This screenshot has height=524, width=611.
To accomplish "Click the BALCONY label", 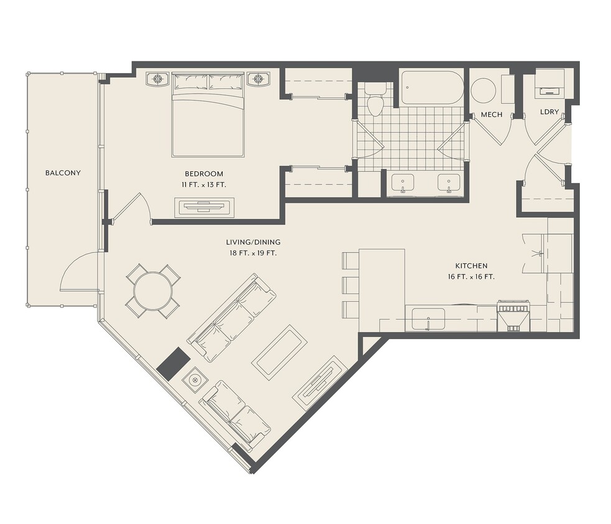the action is point(63,173).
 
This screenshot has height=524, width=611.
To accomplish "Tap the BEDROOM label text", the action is point(204,174).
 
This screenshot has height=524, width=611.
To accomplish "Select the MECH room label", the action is point(492,115).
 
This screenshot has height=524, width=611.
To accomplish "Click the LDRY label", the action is point(549,112).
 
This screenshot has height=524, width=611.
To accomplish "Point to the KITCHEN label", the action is point(471,266).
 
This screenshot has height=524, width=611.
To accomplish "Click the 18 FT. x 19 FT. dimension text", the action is point(253,253).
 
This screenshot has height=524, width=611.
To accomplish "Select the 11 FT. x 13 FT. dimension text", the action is point(204,185).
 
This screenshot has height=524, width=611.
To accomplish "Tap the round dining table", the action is point(153,291).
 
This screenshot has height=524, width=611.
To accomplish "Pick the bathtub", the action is point(432,88).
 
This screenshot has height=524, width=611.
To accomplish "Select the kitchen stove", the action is point(513,316).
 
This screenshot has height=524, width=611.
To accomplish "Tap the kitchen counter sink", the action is point(428,319).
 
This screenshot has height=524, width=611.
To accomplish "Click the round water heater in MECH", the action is point(483,90).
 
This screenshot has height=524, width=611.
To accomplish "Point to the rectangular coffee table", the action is point(279,353).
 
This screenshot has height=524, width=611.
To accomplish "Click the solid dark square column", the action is point(173,364).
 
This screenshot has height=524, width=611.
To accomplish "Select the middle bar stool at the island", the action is point(351,285).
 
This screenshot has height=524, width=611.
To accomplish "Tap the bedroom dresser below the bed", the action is point(204,207).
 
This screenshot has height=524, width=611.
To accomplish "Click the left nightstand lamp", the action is point(158,79).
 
